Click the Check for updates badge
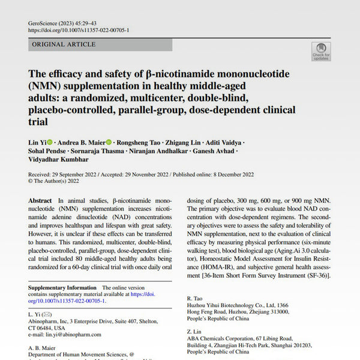click(321, 50)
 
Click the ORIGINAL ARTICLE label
click(64, 44)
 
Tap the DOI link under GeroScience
click(78, 30)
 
